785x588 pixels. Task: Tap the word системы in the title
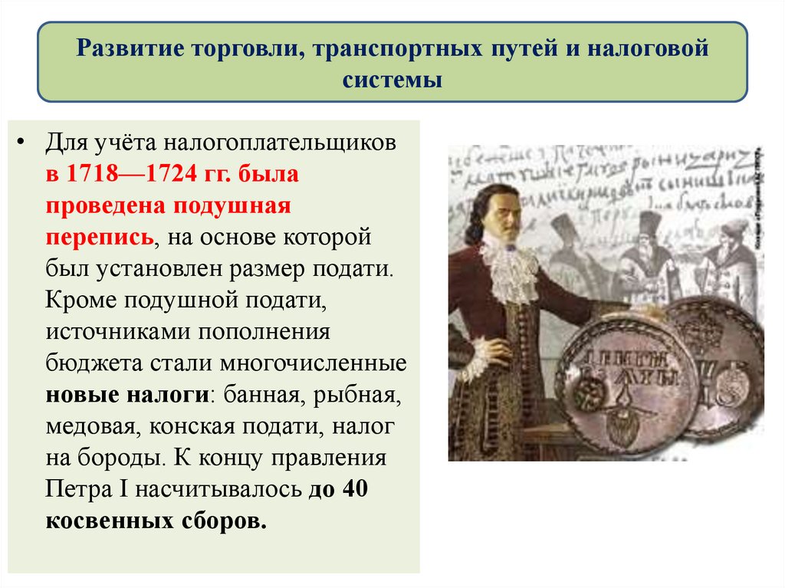click(392, 79)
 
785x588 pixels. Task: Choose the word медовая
click(87, 427)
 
